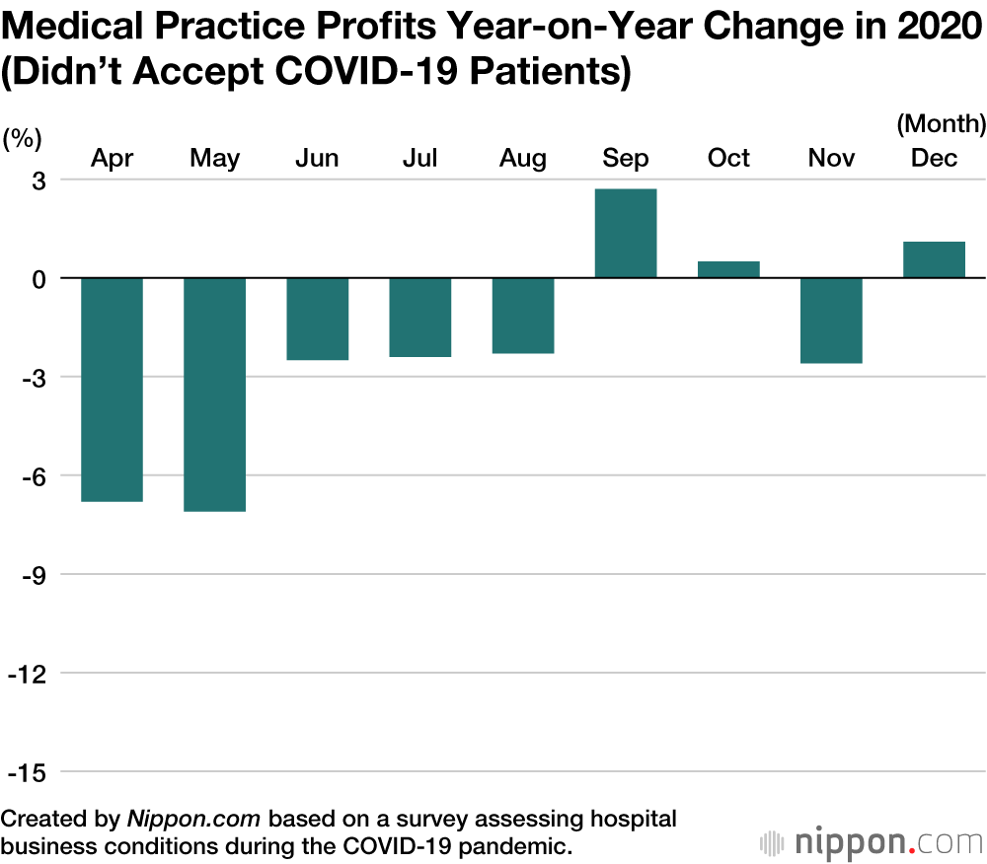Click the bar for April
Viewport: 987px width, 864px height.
(112, 390)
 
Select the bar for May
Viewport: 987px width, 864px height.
(215, 395)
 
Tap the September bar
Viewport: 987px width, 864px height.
(626, 234)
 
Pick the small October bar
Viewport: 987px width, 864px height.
(728, 269)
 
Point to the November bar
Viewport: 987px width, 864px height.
(831, 321)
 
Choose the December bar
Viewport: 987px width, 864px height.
(934, 259)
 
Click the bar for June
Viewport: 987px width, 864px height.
(318, 319)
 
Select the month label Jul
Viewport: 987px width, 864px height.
(420, 159)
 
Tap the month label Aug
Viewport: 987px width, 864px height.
(523, 159)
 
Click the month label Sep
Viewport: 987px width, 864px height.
(626, 159)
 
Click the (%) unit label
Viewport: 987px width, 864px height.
(22, 138)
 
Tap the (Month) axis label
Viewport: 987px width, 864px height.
(941, 124)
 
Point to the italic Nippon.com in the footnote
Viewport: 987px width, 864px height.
(193, 819)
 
